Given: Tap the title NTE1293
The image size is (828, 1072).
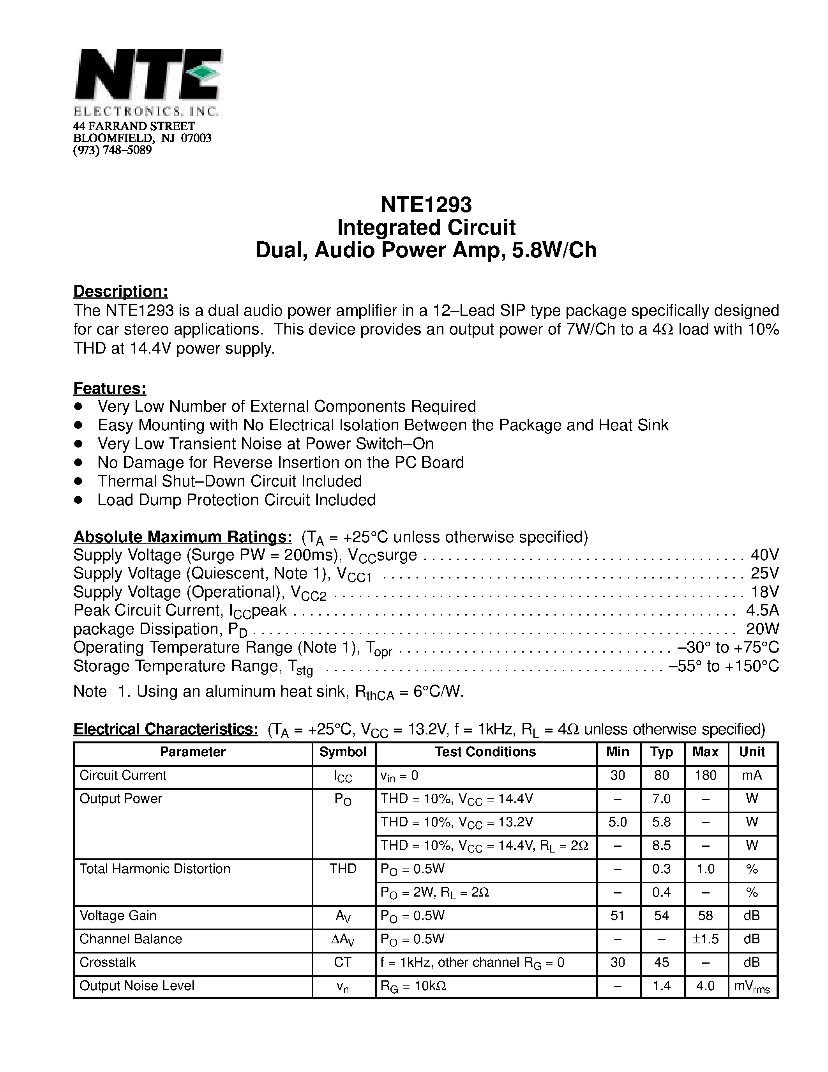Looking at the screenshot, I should (426, 204).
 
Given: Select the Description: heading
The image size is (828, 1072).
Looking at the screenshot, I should (121, 291).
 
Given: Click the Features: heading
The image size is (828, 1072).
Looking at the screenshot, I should (110, 388).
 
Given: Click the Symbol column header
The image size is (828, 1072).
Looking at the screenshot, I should (343, 752).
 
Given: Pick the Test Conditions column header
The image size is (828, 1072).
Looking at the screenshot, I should (485, 752).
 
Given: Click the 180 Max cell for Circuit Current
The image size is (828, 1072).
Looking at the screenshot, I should (705, 775).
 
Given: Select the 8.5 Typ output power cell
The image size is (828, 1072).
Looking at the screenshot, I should (661, 845).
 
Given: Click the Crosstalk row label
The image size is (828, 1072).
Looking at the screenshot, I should (108, 962).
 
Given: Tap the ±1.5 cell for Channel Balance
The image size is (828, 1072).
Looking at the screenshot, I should (705, 939).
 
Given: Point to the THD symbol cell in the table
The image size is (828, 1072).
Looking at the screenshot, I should (343, 869).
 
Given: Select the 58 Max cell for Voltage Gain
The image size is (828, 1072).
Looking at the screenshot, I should (705, 915).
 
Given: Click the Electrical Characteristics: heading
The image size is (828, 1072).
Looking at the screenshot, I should (166, 729).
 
